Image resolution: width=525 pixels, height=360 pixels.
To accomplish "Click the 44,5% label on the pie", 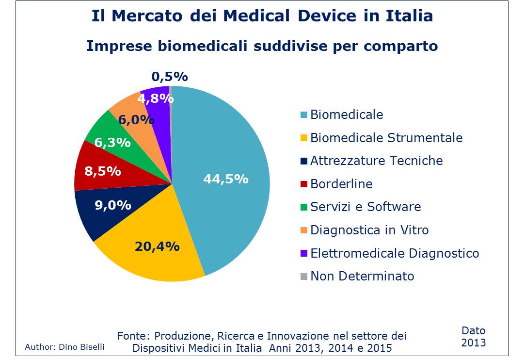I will click(225, 179).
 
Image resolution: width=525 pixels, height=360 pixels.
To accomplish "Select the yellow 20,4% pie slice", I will click(145, 252).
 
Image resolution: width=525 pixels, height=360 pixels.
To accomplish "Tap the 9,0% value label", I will click(113, 205).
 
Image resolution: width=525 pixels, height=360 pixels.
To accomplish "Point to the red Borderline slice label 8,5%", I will click(103, 171).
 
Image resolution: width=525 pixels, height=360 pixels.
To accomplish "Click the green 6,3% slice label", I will click(112, 143).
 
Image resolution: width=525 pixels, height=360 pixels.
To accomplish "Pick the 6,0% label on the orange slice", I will click(136, 120).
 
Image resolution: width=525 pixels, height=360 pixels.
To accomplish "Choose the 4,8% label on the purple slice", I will click(156, 98).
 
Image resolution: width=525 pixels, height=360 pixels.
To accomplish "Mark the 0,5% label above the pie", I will click(169, 77).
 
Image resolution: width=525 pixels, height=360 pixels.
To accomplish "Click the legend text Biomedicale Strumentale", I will click(386, 138).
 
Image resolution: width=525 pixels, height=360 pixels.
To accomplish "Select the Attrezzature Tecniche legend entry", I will click(376, 161).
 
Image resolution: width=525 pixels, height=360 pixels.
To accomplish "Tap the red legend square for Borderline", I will click(304, 184).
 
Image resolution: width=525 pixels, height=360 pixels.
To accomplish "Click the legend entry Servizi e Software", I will click(366, 207).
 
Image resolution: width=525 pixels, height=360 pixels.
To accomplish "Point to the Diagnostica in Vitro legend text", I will click(369, 230).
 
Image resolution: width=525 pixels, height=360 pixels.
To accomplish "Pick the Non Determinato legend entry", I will click(362, 277).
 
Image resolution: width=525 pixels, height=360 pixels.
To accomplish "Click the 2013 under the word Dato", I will click(473, 343).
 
